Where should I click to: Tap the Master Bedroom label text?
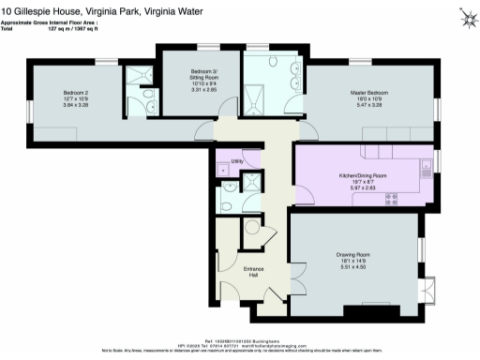tap(370, 93)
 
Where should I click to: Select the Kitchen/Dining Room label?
tap(362, 175)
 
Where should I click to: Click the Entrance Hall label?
tap(254, 272)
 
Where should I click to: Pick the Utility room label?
tap(237, 161)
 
